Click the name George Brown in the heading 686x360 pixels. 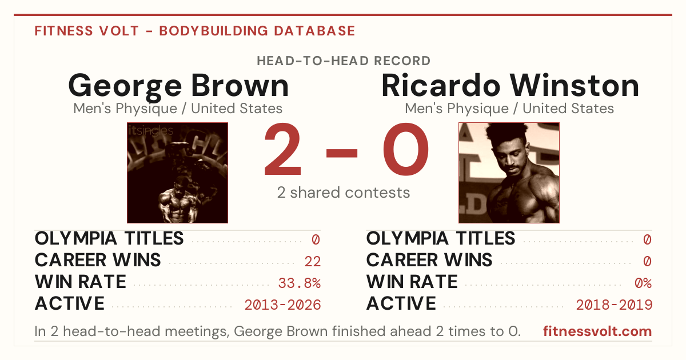tap(178, 86)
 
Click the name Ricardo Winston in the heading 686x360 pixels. tap(510, 86)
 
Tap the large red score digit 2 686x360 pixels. tap(282, 149)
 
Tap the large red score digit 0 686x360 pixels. tap(406, 149)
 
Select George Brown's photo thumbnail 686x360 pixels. tap(177, 173)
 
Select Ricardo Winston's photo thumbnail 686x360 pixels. tap(509, 173)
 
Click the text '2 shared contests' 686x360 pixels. tap(344, 193)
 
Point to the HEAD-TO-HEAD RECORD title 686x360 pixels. tap(344, 61)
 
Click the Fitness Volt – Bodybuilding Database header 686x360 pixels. tap(195, 31)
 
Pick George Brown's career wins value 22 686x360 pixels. tap(312, 262)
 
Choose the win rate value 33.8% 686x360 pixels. tap(299, 283)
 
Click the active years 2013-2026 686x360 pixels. tap(282, 305)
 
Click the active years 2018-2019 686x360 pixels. tap(614, 305)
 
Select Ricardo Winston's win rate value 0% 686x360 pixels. tap(643, 283)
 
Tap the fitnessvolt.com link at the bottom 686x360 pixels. tap(597, 331)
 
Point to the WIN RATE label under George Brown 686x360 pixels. tap(80, 282)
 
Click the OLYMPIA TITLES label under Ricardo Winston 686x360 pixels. tap(440, 238)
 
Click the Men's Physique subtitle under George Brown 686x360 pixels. tap(178, 109)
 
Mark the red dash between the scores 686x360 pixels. tap(342, 153)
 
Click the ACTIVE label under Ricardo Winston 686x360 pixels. tap(401, 303)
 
